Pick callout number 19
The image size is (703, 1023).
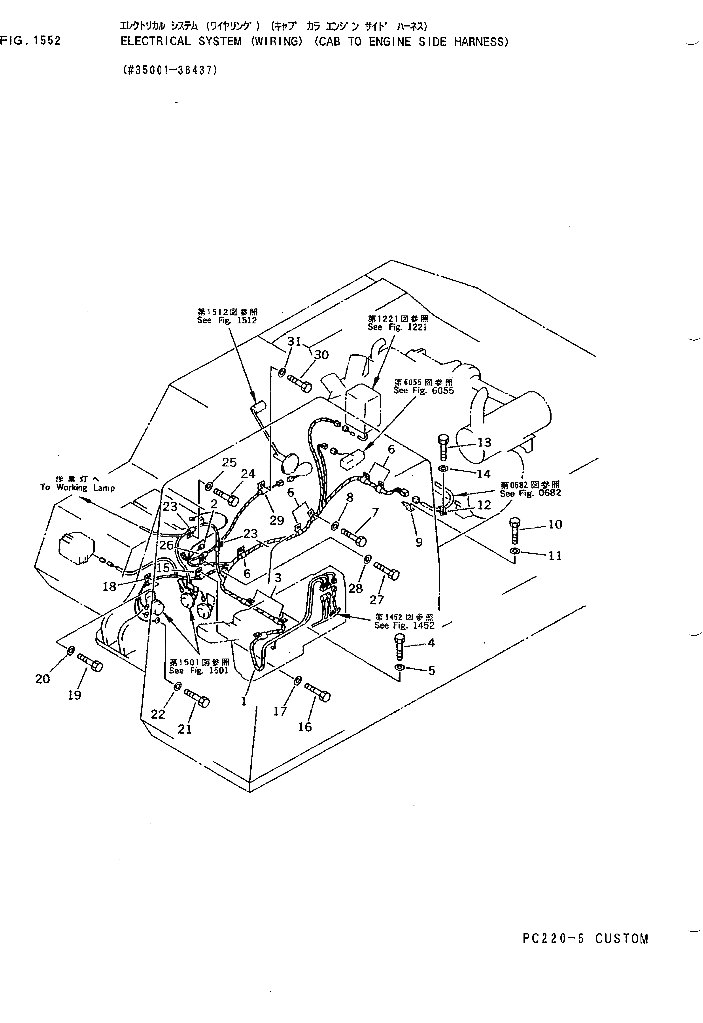pyautogui.click(x=74, y=695)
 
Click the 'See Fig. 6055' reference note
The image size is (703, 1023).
pyautogui.click(x=423, y=387)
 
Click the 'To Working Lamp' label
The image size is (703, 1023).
pyautogui.click(x=77, y=483)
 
